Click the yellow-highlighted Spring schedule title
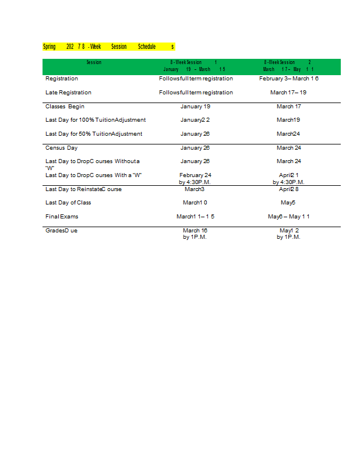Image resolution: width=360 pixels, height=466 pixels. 108,47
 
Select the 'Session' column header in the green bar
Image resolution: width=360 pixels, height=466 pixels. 94,62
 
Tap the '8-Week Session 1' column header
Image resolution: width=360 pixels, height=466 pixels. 195,65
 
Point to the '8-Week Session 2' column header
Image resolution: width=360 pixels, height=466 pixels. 288,65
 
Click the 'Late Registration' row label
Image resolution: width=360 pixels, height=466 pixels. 68,93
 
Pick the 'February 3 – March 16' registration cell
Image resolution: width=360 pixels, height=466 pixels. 288,79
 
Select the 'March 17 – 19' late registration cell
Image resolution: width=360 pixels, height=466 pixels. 288,93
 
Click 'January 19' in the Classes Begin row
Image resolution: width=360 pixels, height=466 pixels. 195,107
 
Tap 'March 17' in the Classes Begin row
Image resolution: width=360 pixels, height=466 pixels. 288,107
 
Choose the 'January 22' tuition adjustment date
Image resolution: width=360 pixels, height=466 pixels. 195,120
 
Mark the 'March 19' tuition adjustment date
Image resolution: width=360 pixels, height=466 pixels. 288,120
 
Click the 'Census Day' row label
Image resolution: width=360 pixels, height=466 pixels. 61,148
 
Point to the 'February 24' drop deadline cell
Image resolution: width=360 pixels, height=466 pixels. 195,175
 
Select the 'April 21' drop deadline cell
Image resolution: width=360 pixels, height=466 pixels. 288,175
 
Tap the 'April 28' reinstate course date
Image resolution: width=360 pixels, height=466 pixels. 288,189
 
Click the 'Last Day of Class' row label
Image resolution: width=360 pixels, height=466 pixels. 68,203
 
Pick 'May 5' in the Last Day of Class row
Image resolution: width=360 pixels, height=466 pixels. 288,203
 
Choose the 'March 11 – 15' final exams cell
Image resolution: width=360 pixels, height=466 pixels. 195,217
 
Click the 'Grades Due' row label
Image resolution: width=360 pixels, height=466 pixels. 61,231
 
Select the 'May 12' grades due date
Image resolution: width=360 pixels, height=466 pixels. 288,231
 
